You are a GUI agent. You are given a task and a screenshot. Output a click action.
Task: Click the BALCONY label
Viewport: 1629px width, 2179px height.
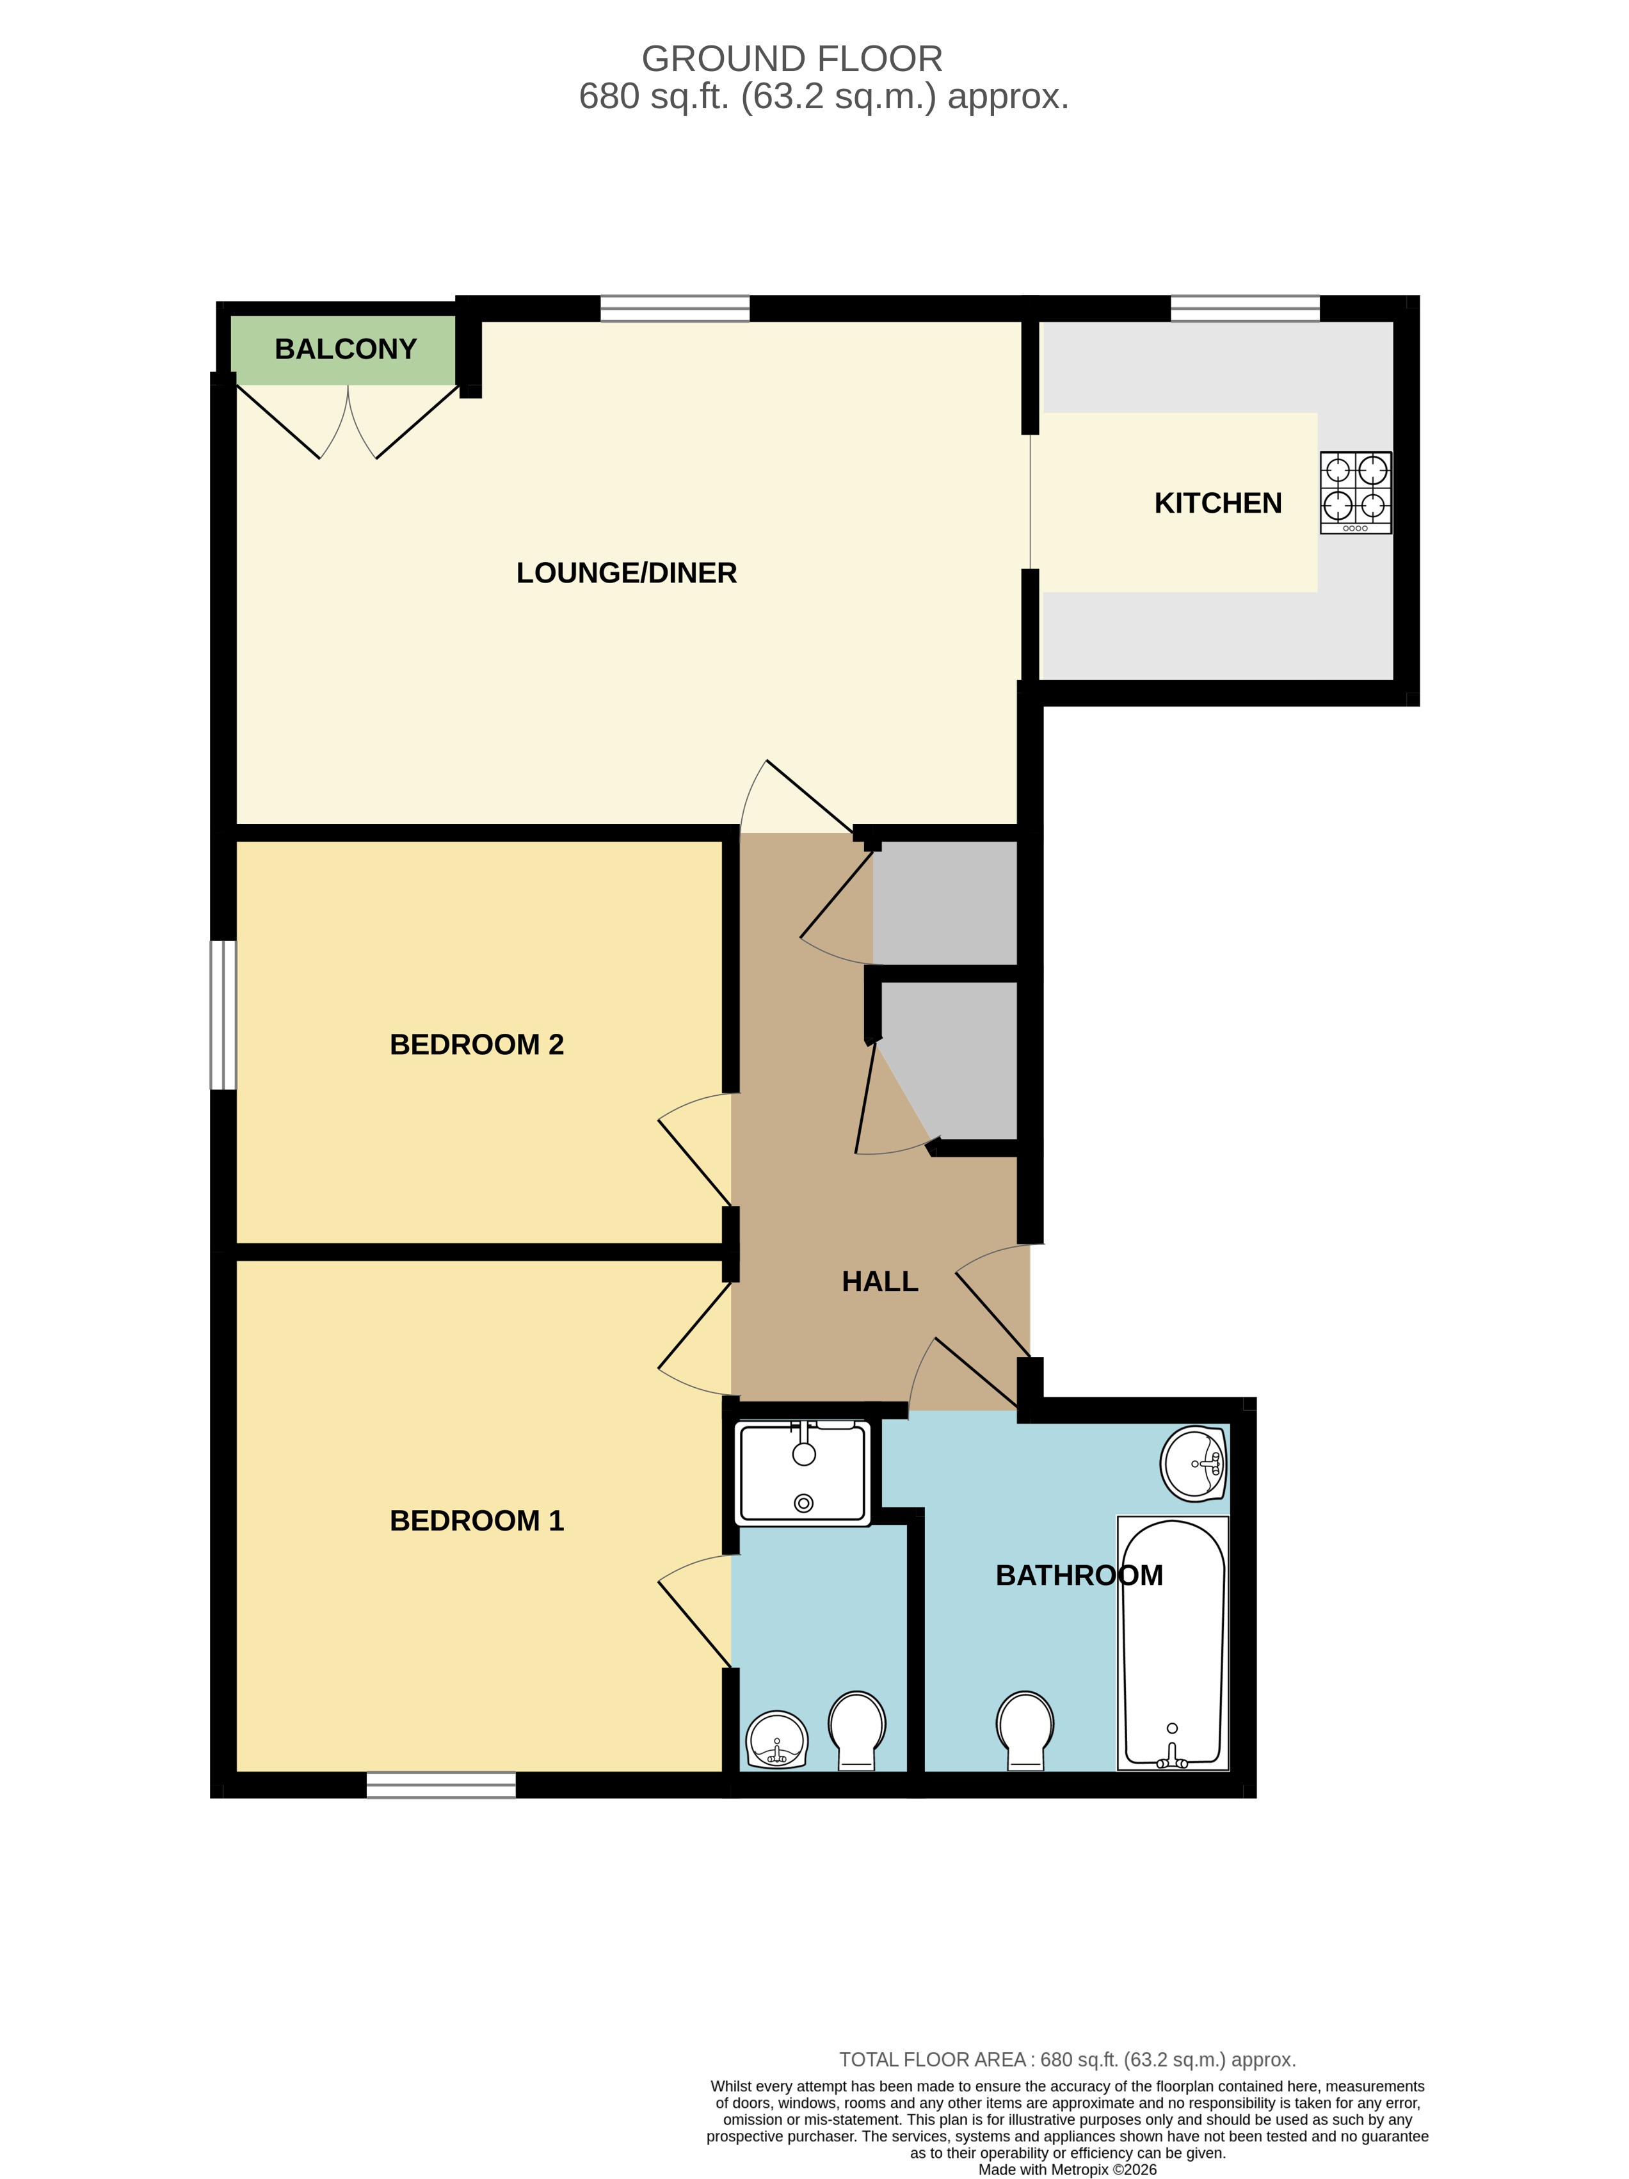pos(345,349)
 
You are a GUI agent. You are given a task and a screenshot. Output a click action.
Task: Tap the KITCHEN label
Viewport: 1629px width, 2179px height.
pos(1217,503)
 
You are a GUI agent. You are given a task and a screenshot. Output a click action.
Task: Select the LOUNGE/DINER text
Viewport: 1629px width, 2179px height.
pos(627,574)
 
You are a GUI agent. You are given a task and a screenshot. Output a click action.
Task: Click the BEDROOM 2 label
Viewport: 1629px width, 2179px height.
pos(477,1044)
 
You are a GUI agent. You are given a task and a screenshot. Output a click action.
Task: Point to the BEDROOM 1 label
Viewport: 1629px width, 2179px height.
pos(477,1521)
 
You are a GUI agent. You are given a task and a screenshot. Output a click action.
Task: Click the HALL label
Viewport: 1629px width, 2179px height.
pos(879,1282)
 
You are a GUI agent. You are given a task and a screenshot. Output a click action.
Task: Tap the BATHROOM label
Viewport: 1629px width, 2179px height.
pos(1079,1575)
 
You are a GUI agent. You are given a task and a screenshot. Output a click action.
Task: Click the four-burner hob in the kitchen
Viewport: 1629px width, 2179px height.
pos(1355,492)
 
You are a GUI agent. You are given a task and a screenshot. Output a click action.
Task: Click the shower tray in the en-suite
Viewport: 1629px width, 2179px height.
pos(804,1474)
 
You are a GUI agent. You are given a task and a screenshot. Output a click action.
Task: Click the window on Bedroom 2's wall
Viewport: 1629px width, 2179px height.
pos(223,1016)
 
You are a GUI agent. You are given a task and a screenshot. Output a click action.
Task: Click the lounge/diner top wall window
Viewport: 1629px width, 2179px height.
pos(675,309)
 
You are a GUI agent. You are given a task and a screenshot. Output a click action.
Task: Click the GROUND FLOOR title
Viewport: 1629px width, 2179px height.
pos(792,59)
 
